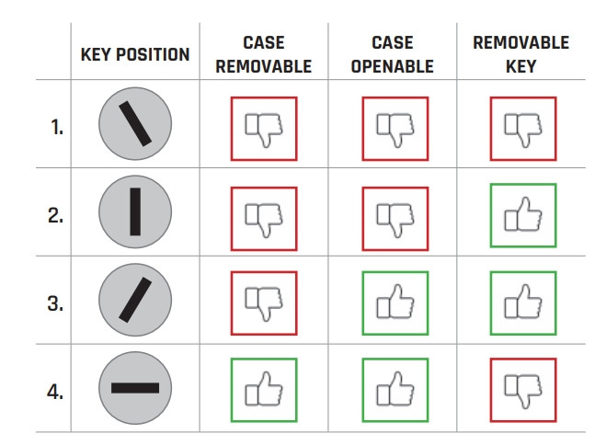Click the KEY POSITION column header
[135, 54]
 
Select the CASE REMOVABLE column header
[264, 54]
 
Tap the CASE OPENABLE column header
[393, 54]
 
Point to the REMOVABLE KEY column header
[521, 54]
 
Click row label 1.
[57, 127]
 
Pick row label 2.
[56, 215]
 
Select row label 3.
[56, 303]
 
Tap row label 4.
[55, 392]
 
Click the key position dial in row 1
[135, 123]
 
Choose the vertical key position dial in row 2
[135, 211]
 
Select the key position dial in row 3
[135, 300]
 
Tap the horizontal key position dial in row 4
[135, 388]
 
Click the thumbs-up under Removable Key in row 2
[523, 214]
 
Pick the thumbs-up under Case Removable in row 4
[264, 389]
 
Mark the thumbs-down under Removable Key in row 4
[523, 391]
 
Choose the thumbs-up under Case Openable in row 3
[395, 302]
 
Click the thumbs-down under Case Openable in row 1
[395, 131]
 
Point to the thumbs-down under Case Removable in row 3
[264, 304]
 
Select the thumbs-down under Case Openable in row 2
[395, 220]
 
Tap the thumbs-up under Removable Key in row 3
[523, 302]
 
